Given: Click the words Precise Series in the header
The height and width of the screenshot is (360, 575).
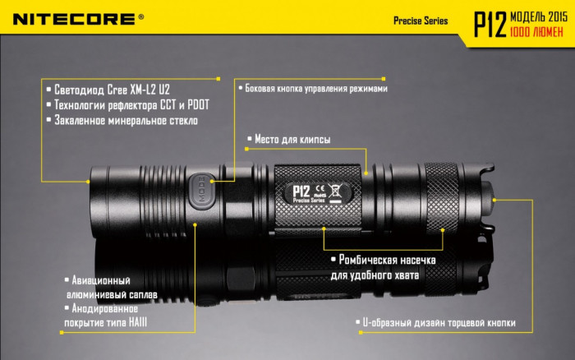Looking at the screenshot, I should [421, 21].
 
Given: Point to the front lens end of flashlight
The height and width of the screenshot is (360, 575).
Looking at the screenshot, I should [93, 196].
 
